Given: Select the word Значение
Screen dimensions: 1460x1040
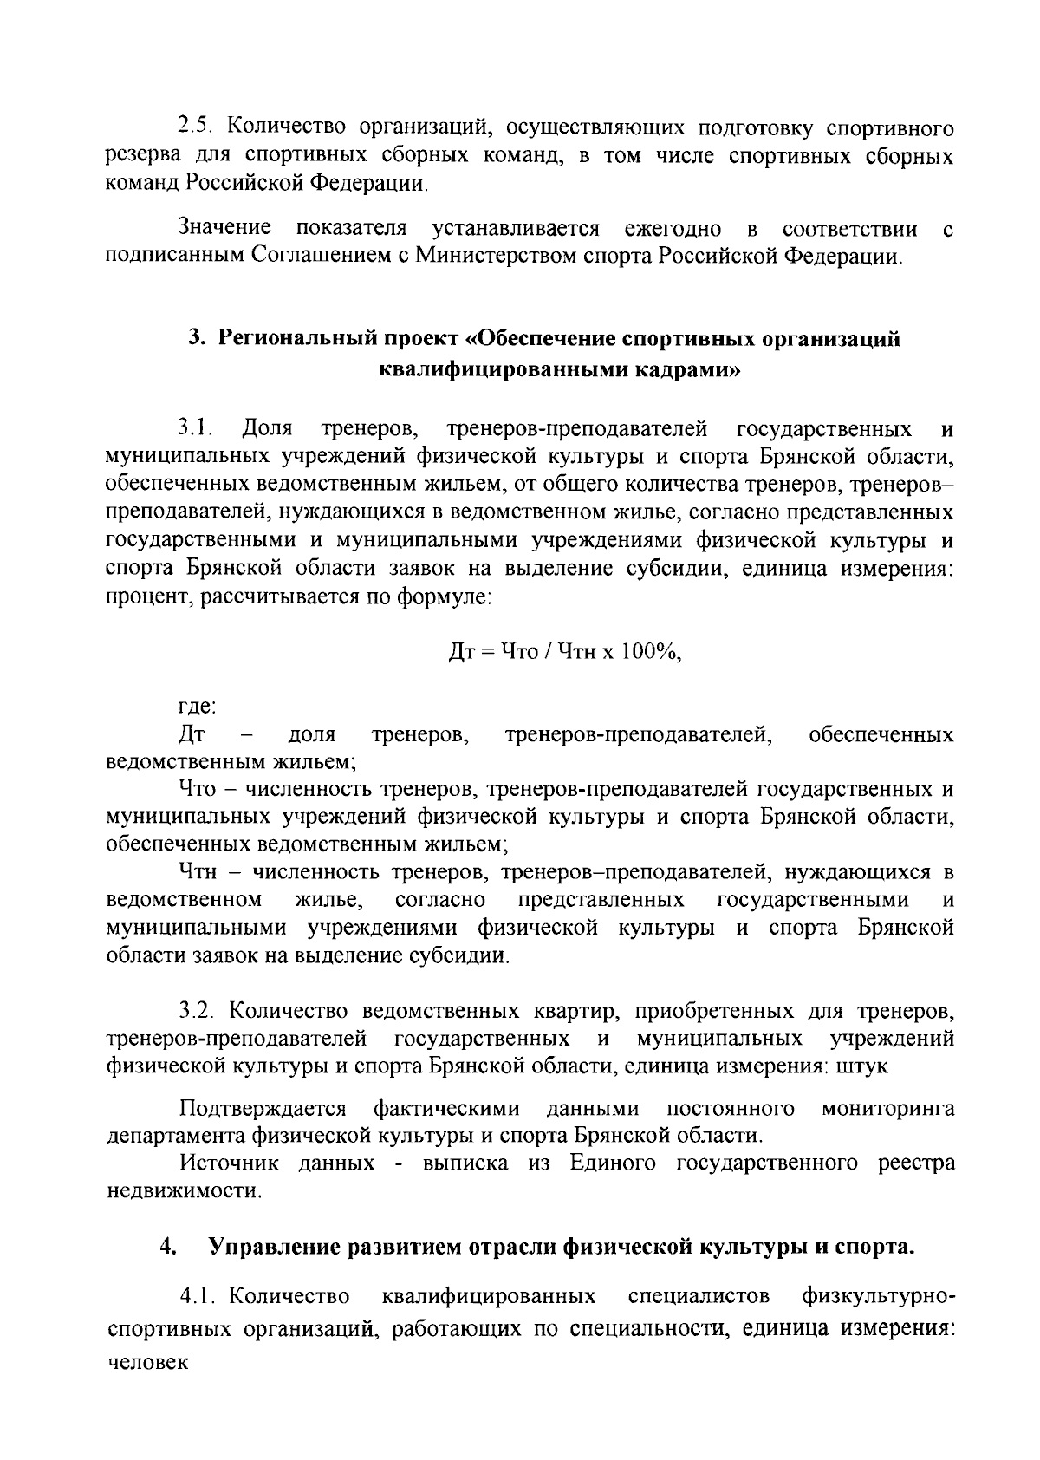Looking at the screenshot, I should tap(224, 229).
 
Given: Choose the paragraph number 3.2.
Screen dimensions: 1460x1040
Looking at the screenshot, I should tap(198, 1011).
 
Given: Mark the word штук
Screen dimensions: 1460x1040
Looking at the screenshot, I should tap(861, 1066).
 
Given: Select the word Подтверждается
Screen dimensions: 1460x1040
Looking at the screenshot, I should tap(263, 1108).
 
